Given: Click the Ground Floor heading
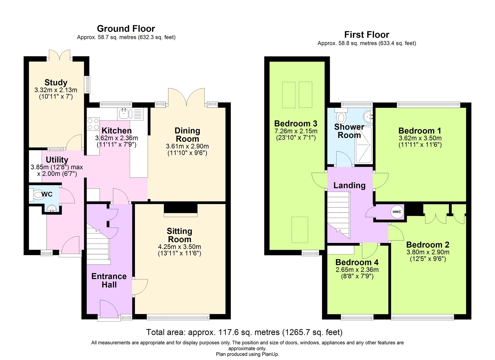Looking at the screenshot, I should click(x=126, y=29).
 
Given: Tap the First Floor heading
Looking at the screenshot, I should click(x=367, y=35).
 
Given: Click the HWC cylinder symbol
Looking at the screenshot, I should click(x=397, y=212).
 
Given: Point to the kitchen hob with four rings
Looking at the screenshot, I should click(x=93, y=124).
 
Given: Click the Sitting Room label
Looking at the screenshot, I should click(x=179, y=235).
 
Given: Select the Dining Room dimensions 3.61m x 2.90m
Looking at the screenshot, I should click(x=187, y=146).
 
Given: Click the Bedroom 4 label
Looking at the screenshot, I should click(x=357, y=262).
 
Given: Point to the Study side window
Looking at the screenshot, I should click(x=88, y=84).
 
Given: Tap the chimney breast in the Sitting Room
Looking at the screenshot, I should click(x=180, y=208).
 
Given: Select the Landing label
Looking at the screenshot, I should click(x=349, y=185).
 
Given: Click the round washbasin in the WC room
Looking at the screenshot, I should click(x=51, y=209).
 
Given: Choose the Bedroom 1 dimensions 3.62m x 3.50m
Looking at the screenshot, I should click(x=420, y=138).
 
